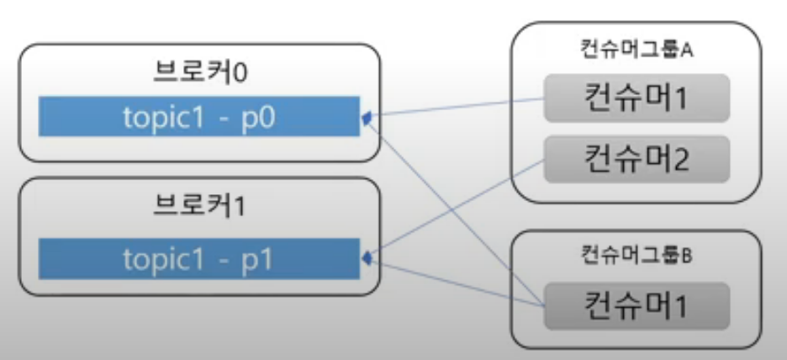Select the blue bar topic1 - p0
(199, 117)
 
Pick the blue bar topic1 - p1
(199, 258)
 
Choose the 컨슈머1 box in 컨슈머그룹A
(636, 99)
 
